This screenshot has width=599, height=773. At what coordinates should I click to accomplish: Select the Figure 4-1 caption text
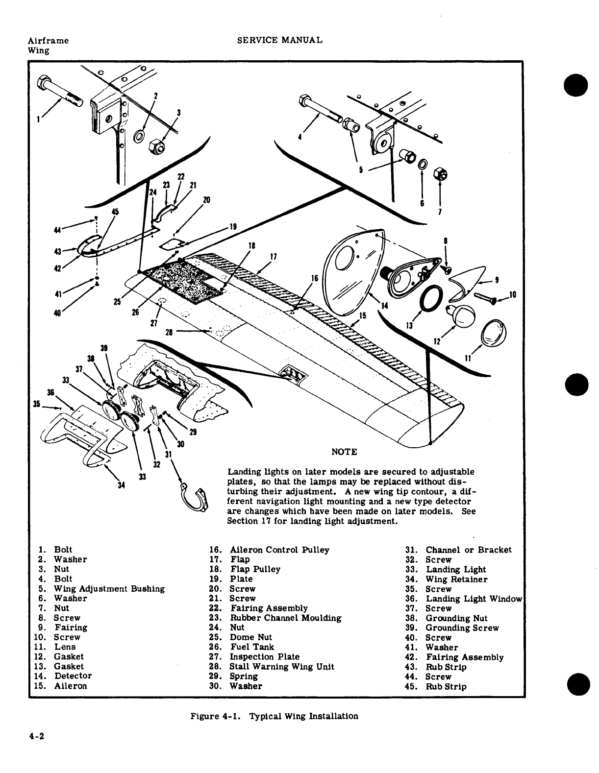click(274, 716)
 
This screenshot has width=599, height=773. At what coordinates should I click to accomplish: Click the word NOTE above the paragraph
click(344, 452)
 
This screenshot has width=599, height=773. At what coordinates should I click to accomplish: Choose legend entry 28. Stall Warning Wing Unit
click(272, 667)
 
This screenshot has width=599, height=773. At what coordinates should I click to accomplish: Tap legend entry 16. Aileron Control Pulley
click(269, 550)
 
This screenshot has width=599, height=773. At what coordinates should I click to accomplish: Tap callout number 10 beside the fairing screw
click(513, 294)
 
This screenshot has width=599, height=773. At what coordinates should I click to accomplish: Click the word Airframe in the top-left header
click(48, 41)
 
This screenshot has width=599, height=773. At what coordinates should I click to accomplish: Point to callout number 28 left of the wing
click(169, 332)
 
